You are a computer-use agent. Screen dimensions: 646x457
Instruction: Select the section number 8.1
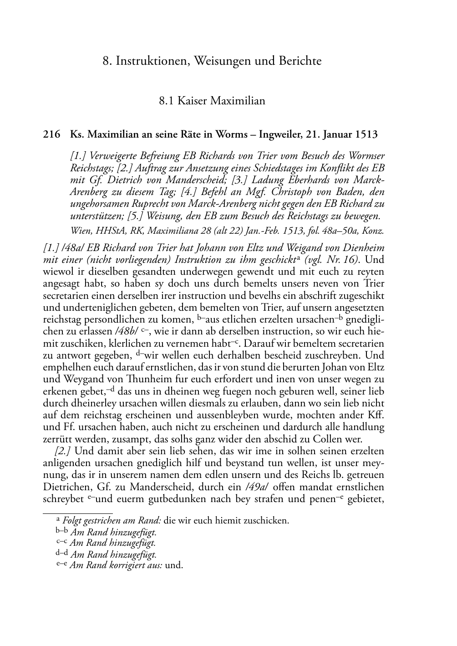[167, 101]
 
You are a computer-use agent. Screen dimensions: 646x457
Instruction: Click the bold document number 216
[51, 134]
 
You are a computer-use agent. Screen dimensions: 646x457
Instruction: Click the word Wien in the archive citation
[80, 231]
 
